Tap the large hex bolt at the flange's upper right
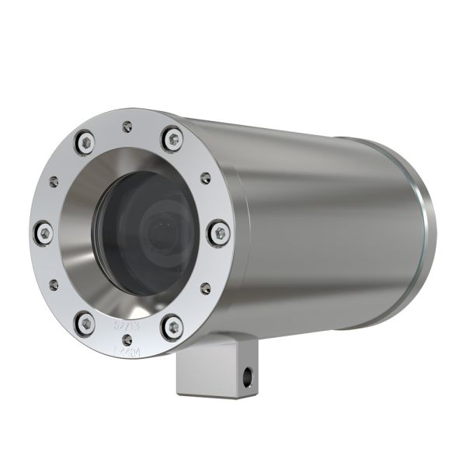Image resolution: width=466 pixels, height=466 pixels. [x=172, y=139]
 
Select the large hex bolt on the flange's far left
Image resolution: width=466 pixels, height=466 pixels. [x=44, y=231]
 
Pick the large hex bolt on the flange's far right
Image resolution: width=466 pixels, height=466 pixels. [x=219, y=231]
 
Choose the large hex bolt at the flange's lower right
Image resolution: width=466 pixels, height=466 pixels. [x=172, y=327]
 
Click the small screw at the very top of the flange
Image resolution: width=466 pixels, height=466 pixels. [x=126, y=123]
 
